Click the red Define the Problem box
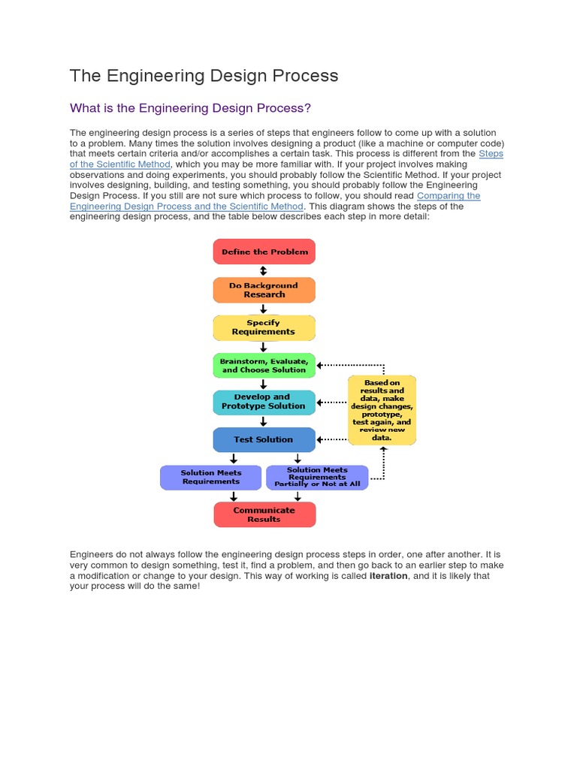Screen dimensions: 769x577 [264, 252]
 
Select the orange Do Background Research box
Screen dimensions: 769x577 [264, 290]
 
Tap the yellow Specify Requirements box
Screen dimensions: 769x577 [264, 327]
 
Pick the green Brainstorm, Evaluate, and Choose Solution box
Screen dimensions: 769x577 [264, 365]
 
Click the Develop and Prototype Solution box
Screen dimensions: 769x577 [264, 402]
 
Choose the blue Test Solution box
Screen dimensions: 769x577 [264, 439]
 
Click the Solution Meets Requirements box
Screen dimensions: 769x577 [210, 478]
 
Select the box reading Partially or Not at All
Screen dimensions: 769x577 [317, 478]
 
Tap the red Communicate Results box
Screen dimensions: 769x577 [264, 514]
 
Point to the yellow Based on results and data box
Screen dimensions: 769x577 [382, 410]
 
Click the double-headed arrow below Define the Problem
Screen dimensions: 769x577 [264, 270]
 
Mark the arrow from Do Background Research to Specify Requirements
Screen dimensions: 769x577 [264, 309]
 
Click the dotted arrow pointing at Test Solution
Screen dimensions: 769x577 [332, 439]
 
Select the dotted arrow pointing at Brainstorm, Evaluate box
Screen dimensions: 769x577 [332, 366]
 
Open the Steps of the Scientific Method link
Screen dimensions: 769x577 [120, 164]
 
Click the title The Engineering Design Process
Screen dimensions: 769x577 [204, 76]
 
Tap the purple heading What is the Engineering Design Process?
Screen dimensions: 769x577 [190, 108]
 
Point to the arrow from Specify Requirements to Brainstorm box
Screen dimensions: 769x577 [264, 347]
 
